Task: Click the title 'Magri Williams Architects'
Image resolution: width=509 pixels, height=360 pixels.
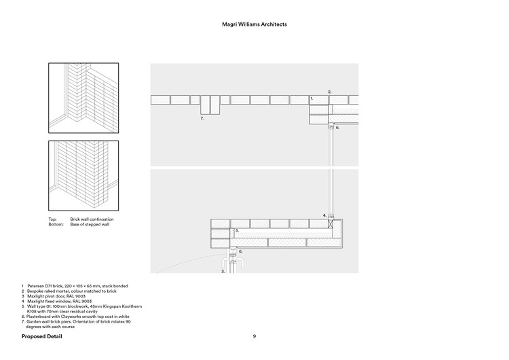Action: pos(254,24)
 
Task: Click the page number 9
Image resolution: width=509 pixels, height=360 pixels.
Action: pos(254,336)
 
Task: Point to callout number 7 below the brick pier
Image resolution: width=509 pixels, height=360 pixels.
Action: pos(202,119)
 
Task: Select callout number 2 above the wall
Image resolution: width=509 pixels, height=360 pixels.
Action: pos(330,92)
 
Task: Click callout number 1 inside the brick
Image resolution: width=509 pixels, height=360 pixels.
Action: pos(312,99)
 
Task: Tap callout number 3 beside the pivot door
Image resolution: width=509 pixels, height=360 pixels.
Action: pos(223,270)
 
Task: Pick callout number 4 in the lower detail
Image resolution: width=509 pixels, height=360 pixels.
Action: pos(324,215)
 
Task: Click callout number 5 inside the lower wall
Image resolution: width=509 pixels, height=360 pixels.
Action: pos(238,231)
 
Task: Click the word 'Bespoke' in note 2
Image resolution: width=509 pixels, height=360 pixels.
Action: pos(37,291)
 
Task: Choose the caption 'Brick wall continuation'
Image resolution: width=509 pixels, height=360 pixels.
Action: pos(92,219)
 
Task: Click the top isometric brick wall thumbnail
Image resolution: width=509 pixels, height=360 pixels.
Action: pos(83,98)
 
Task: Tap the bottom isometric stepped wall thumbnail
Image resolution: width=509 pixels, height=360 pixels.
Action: pos(83,175)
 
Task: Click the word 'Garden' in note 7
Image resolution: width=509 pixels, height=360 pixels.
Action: pos(34,322)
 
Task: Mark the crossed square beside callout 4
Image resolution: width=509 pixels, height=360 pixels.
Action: pos(331,223)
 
